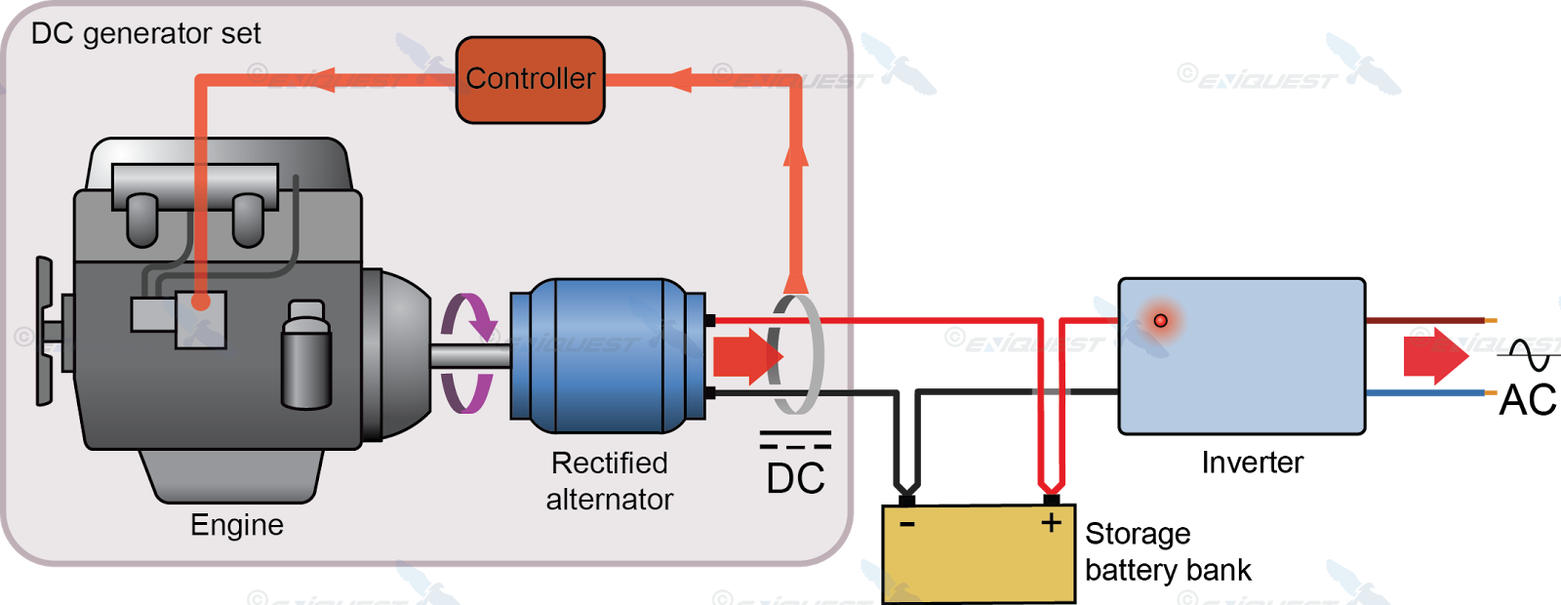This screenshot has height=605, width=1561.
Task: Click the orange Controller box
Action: click(x=530, y=80)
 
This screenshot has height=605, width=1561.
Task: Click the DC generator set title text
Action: click(x=145, y=34)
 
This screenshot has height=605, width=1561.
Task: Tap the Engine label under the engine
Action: click(x=237, y=525)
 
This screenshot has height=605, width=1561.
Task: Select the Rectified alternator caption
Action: click(x=610, y=481)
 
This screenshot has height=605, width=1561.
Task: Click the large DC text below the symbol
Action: click(x=795, y=479)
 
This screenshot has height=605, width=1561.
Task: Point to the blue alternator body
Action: click(x=605, y=356)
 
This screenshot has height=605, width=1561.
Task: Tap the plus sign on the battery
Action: click(x=1051, y=523)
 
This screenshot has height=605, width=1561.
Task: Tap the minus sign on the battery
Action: click(x=907, y=524)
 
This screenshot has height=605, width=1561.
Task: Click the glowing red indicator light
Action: click(x=1160, y=320)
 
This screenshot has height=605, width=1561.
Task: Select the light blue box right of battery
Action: click(x=1241, y=356)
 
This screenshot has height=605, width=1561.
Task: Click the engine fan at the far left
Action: click(x=45, y=332)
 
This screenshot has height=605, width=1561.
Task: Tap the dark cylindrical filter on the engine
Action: click(x=306, y=356)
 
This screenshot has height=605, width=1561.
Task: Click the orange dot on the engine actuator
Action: click(x=200, y=302)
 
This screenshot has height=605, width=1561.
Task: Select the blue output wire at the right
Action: click(x=1424, y=393)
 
